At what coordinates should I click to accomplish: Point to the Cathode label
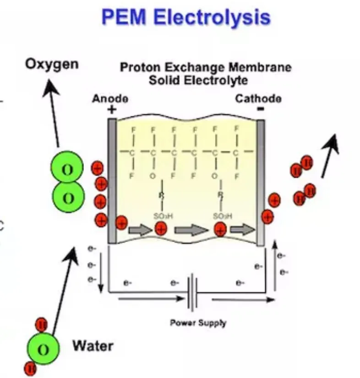pyautogui.click(x=258, y=98)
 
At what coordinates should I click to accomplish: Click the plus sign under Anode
pyautogui.click(x=111, y=110)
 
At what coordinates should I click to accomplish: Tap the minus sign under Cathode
pyautogui.click(x=260, y=110)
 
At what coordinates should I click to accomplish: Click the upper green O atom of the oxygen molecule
pyautogui.click(x=67, y=170)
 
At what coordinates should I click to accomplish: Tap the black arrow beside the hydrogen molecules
pyautogui.click(x=330, y=156)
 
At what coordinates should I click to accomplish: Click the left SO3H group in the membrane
pyautogui.click(x=160, y=216)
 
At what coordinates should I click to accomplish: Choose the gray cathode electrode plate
pyautogui.click(x=261, y=183)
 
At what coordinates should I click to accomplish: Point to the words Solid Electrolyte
pyautogui.click(x=198, y=81)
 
